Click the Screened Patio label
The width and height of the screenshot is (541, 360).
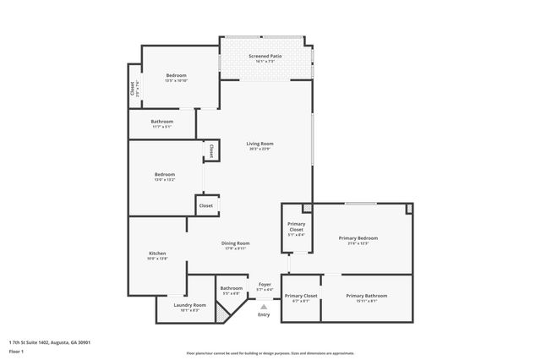tap(265, 56)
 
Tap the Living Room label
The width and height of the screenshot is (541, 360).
tap(260, 144)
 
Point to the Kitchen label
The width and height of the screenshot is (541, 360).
tap(157, 254)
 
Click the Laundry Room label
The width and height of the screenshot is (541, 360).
tap(189, 305)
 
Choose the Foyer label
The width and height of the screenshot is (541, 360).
tap(265, 285)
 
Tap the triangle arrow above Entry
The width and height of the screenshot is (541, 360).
tap(264, 306)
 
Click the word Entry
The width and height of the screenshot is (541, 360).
tap(264, 314)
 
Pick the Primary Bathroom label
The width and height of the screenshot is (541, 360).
tap(366, 296)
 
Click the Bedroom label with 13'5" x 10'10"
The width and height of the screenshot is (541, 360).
tap(177, 75)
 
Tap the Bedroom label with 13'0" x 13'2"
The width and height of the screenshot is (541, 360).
tap(164, 175)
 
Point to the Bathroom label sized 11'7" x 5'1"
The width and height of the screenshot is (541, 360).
tap(161, 122)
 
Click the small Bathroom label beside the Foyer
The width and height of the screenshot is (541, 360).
tap(231, 288)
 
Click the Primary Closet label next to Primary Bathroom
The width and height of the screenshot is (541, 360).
tap(300, 296)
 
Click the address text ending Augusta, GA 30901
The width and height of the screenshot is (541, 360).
tap(49, 342)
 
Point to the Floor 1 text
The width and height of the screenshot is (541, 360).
tap(16, 350)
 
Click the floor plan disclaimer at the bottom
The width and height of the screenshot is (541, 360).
tap(270, 353)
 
